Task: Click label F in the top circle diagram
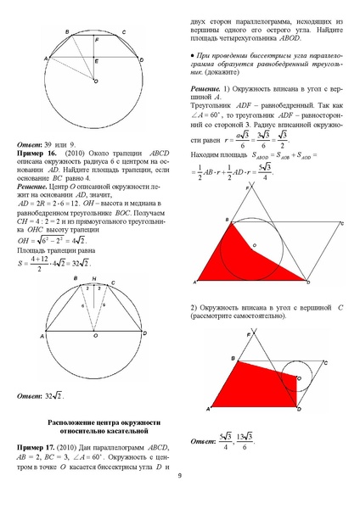97,40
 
